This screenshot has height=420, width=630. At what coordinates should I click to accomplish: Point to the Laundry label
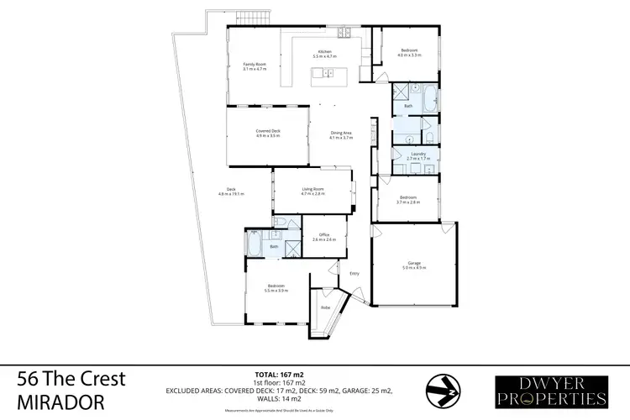coord(417,155)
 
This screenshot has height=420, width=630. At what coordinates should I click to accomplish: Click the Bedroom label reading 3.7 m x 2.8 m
coord(407,199)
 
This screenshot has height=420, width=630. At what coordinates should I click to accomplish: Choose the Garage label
coord(413,265)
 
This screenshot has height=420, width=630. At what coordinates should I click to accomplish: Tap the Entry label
coord(354,273)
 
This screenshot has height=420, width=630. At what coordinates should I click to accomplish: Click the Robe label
coord(325,307)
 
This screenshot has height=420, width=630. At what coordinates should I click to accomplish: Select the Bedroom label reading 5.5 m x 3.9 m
coord(276,287)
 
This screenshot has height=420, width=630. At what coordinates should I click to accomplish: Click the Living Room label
coord(313,191)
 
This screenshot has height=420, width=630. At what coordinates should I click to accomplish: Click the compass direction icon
coord(442,388)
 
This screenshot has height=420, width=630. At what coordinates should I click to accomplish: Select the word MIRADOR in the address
coord(61,402)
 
